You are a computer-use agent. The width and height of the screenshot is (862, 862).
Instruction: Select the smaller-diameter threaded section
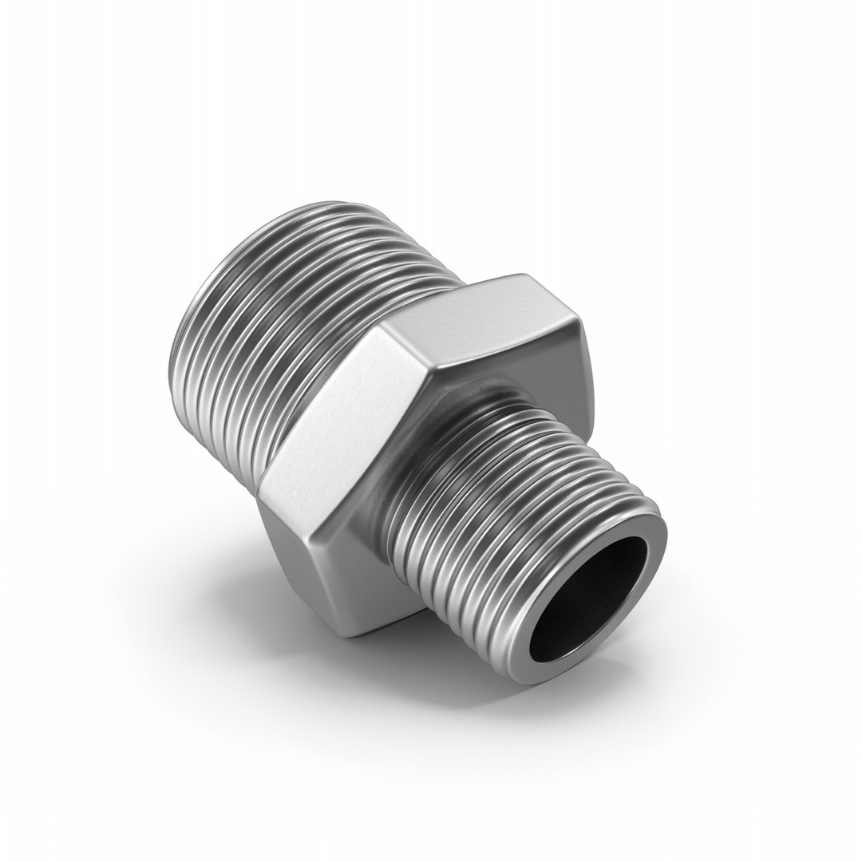(511, 511)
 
